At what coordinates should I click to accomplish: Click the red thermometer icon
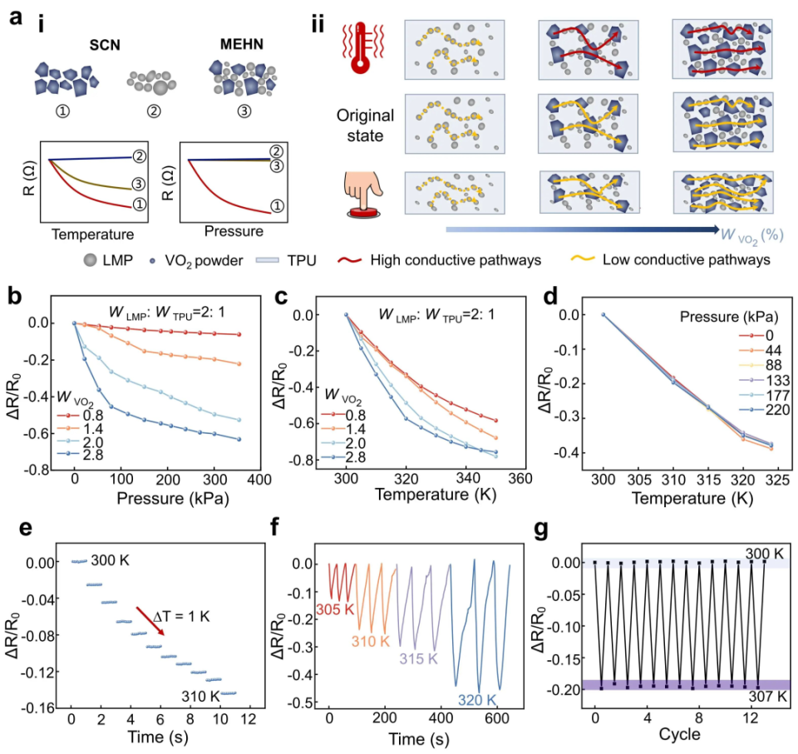tap(361, 47)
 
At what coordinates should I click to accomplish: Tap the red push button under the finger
tap(363, 212)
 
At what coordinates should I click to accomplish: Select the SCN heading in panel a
tap(105, 46)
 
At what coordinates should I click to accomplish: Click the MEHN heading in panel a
tap(242, 44)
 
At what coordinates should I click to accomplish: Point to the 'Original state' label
tap(365, 126)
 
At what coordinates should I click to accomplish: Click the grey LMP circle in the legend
tap(90, 260)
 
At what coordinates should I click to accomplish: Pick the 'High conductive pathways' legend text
tap(456, 260)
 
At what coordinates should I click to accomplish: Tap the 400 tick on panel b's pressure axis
tap(259, 480)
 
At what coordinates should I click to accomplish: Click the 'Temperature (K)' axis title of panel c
tap(435, 495)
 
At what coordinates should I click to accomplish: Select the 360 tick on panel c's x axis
tap(520, 478)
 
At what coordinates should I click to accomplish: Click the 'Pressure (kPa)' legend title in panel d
tap(729, 318)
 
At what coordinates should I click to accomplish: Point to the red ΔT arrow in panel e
tap(150, 621)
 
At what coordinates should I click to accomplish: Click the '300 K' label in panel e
tap(110, 560)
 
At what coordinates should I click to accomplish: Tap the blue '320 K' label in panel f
tap(477, 700)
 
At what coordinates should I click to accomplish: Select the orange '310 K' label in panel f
tap(370, 642)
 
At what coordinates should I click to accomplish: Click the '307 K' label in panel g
tap(767, 696)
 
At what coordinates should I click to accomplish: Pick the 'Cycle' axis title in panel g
tap(679, 734)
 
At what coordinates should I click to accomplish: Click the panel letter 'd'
tap(551, 296)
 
